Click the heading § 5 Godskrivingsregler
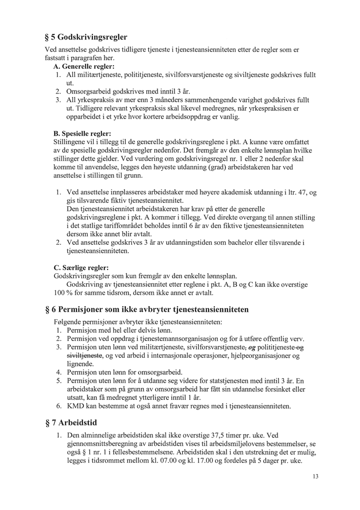(x=86, y=37)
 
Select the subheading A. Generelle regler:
(x=83, y=67)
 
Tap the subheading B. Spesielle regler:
(x=82, y=134)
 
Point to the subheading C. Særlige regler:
(x=81, y=268)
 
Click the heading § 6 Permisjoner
(x=146, y=310)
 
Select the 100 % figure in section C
(x=62, y=292)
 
